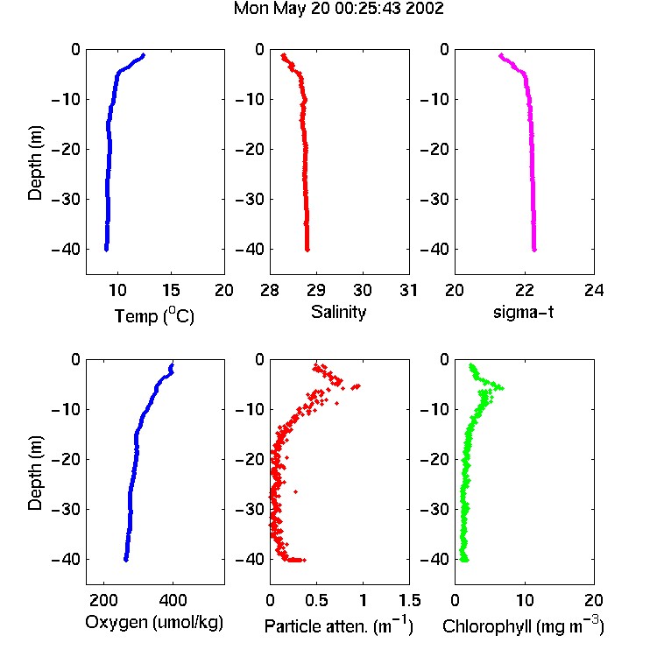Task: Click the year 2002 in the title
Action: point(425,9)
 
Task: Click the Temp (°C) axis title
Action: point(154,315)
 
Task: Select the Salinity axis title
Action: point(338,313)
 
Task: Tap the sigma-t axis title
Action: point(524,312)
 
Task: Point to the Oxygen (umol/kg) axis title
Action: point(154,623)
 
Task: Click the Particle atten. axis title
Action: point(339,625)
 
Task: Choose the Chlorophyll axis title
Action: point(523,625)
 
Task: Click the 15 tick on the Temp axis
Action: point(171,290)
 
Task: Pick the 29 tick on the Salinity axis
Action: point(316,290)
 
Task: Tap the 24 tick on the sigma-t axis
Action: point(594,290)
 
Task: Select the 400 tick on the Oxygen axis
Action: point(173,600)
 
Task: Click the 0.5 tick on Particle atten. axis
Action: point(316,600)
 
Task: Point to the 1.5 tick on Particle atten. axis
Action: point(409,600)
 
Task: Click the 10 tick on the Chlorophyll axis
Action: point(524,600)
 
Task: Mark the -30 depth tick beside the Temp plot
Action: point(66,199)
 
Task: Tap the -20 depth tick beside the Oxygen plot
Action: point(66,459)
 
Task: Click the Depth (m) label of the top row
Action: point(35,163)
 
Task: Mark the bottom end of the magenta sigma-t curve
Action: point(534,251)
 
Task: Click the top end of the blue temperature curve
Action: point(144,54)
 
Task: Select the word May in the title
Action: point(290,10)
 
